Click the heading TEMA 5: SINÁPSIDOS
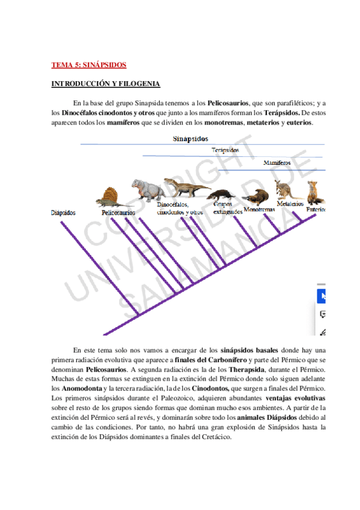pyautogui.click(x=88, y=64)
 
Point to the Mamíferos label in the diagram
pyautogui.click(x=276, y=163)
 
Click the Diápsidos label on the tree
pyautogui.click(x=64, y=212)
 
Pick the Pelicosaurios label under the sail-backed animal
pyautogui.click(x=118, y=212)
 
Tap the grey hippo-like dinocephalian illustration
pyautogui.click(x=146, y=189)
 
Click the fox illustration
pyautogui.click(x=314, y=192)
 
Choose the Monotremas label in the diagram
pyautogui.click(x=260, y=210)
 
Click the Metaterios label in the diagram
pyautogui.click(x=290, y=204)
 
